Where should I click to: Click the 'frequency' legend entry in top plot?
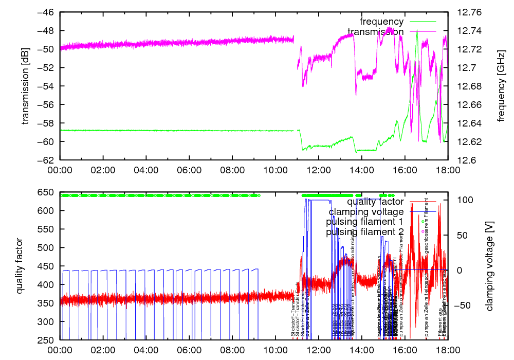click(381, 22)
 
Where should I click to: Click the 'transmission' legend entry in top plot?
click(375, 32)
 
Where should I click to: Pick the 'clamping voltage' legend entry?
click(366, 211)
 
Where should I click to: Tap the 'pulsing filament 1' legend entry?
click(364, 222)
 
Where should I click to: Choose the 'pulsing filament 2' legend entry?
click(364, 232)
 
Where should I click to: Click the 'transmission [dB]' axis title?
click(25, 86)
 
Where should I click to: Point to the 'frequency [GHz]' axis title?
click(501, 86)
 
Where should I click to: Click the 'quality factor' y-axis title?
click(20, 266)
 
